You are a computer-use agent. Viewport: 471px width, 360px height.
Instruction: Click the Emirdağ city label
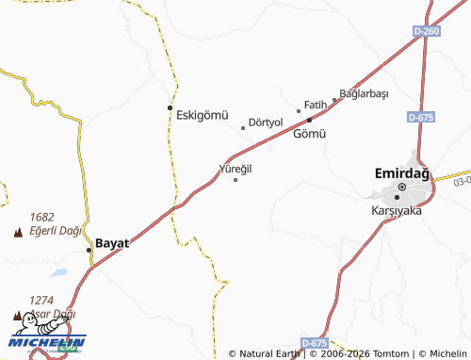coord(401,173)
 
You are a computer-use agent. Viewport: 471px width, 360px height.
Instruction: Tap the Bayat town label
coord(112,242)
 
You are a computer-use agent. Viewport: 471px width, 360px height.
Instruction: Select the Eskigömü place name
coord(203,115)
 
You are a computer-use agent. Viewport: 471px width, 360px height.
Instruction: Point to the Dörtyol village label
coord(266,122)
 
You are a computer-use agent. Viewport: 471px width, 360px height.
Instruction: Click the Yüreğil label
coord(235,168)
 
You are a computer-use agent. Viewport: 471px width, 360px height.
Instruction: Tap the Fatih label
coord(315,105)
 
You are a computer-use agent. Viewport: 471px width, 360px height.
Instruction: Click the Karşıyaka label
coord(397,210)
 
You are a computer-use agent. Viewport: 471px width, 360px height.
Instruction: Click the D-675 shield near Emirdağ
coord(421,117)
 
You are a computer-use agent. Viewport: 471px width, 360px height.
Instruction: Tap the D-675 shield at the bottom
coord(315,342)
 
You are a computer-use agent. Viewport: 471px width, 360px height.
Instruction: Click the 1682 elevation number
coord(42,217)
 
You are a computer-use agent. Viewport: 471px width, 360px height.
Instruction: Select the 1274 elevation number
coord(41,301)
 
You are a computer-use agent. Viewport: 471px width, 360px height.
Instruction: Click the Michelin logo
coord(47,344)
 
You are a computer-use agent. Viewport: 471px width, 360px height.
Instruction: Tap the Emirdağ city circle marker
coord(401,188)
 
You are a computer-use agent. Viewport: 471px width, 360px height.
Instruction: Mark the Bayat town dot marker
coord(89,250)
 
